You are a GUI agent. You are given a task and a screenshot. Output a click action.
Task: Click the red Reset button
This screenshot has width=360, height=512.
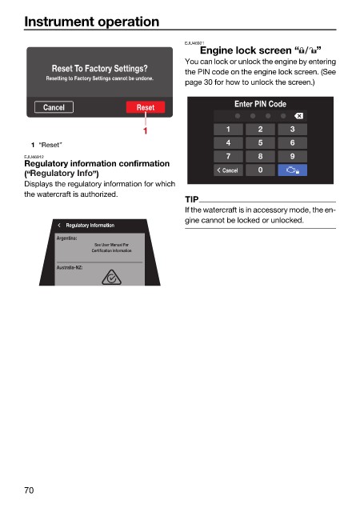146,107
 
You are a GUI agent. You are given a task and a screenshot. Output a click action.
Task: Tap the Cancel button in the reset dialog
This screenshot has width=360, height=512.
54,107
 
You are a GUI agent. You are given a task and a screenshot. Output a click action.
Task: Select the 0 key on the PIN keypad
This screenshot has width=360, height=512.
260,170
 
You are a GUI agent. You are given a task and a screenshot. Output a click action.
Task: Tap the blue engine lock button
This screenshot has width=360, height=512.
292,170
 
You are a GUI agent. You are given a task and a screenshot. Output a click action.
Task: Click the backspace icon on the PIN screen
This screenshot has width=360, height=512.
298,115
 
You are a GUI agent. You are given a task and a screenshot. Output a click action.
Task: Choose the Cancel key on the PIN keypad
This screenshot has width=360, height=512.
228,170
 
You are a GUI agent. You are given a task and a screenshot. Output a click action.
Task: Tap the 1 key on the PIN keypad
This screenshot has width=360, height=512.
228,130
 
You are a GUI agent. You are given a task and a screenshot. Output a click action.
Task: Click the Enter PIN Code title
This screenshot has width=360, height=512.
260,104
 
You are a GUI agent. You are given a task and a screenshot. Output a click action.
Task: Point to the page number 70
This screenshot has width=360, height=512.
29,490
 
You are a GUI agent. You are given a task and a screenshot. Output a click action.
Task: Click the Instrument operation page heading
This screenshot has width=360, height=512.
92,22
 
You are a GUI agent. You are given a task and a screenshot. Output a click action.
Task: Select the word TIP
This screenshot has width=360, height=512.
192,199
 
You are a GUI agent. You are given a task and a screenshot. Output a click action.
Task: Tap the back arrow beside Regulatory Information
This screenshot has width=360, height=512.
59,225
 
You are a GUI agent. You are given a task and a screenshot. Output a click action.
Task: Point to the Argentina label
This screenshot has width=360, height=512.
66,238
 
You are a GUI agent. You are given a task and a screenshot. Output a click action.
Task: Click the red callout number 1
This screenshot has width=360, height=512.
145,130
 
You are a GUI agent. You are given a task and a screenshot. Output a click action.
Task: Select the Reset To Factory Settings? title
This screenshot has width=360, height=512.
100,68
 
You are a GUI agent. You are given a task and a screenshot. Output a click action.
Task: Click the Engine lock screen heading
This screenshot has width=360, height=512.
260,50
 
